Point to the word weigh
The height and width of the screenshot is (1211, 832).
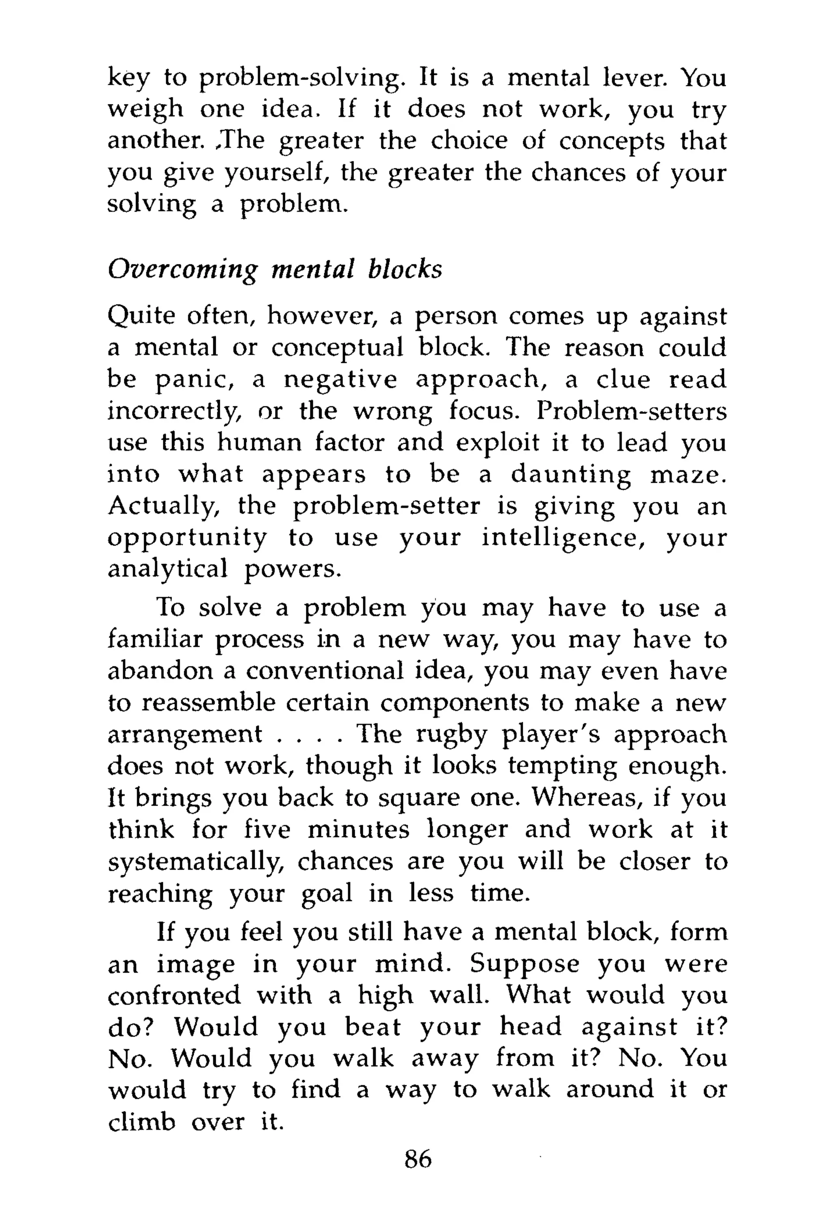[145, 111]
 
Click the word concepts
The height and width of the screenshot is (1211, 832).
[611, 142]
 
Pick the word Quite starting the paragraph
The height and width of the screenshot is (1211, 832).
[141, 317]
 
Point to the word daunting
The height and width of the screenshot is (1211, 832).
[570, 475]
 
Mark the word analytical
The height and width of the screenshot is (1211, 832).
[168, 569]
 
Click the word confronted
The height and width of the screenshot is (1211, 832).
[174, 996]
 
